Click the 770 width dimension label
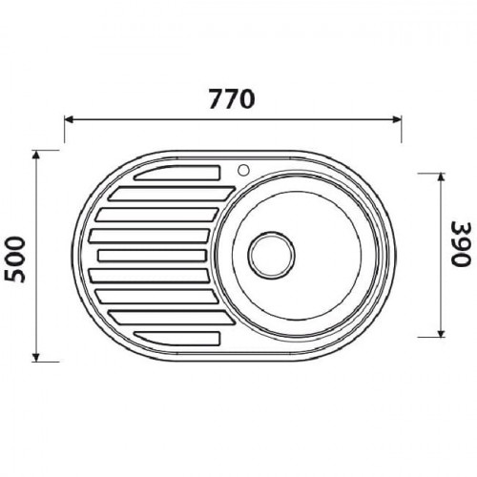232,99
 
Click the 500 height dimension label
15,259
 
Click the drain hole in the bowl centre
271,255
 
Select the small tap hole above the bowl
243,170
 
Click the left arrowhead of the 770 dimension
70,119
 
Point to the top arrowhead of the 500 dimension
36,155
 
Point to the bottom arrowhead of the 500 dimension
36,357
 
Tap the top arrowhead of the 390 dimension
441,178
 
